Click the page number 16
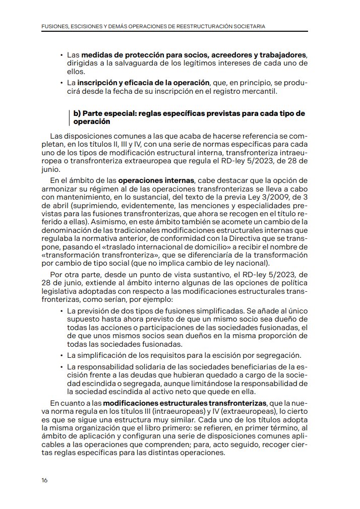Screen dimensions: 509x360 pos(44,480)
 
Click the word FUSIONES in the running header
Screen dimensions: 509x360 pos(55,25)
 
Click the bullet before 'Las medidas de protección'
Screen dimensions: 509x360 pos(61,54)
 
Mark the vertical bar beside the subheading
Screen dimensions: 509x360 pos(69,118)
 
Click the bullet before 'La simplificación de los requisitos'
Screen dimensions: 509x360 pos(61,356)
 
